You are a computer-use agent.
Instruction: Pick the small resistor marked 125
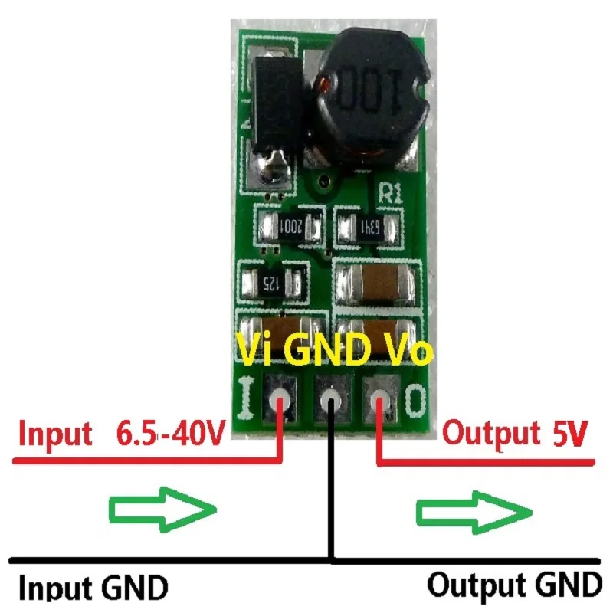click(271, 283)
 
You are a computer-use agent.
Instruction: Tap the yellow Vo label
click(402, 352)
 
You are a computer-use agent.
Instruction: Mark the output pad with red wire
click(379, 399)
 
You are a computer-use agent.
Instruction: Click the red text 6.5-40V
click(170, 434)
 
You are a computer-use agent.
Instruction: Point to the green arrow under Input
click(162, 510)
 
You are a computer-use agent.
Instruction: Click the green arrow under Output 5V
click(474, 510)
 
